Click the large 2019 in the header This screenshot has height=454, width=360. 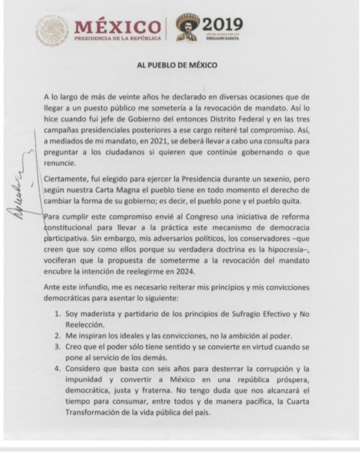[220, 24]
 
